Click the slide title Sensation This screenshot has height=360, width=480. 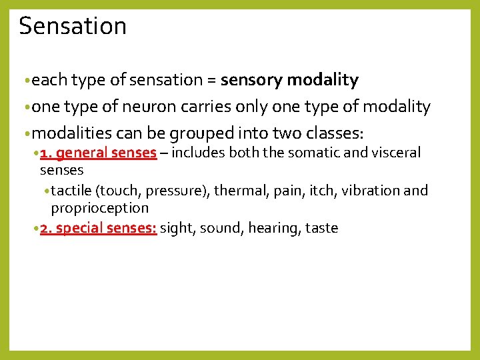point(73,26)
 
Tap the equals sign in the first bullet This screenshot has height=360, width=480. point(211,81)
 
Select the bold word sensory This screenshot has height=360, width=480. point(251,81)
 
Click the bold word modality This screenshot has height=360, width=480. point(323,81)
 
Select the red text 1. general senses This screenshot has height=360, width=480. point(98,153)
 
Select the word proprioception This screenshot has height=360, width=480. point(100,208)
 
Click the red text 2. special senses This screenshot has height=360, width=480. point(99,228)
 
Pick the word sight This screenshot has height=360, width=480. point(176,228)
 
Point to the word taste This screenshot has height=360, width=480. point(321,228)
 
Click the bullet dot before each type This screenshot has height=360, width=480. point(26,81)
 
